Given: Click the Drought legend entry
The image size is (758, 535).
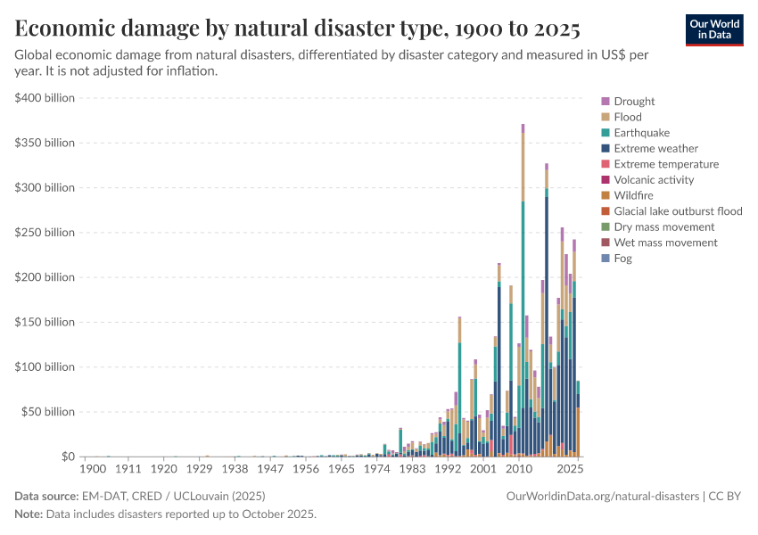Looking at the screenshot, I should click(x=634, y=102).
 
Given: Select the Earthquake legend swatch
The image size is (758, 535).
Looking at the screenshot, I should click(x=606, y=133).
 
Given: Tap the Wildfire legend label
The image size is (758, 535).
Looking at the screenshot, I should click(x=635, y=195).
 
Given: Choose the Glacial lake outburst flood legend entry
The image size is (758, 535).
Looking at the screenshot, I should click(x=678, y=211).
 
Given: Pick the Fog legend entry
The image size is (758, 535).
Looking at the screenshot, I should click(x=622, y=258).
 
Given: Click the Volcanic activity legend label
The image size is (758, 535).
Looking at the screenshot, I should click(x=653, y=180).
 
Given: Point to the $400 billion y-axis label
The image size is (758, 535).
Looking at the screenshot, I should click(x=45, y=97).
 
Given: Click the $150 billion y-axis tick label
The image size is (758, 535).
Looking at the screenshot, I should click(x=45, y=322).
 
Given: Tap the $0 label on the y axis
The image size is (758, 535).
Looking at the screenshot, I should click(x=67, y=457).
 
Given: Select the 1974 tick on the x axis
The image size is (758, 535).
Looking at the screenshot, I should click(x=377, y=468).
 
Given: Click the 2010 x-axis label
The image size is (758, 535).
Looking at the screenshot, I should click(x=519, y=468).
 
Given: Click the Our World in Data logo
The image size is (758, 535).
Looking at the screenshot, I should click(x=713, y=29).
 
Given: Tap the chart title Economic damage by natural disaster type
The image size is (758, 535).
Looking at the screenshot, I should click(x=298, y=29).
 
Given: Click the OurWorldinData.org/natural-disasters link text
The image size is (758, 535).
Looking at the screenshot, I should click(x=602, y=497).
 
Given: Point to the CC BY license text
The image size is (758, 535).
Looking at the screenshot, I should click(x=726, y=497).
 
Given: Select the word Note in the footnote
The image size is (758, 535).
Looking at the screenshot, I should click(x=29, y=514).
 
